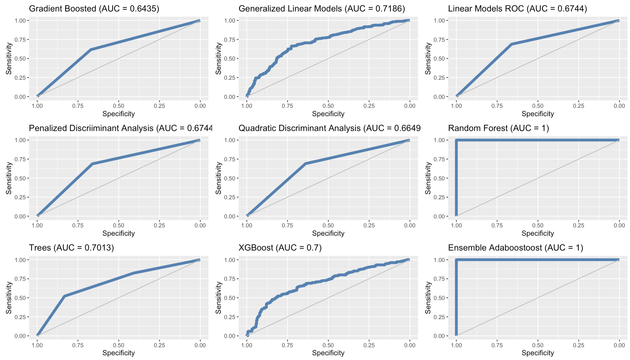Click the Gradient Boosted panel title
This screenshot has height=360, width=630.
click(x=94, y=9)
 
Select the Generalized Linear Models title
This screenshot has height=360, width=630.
click(x=321, y=9)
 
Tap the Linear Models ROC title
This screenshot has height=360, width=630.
click(x=517, y=9)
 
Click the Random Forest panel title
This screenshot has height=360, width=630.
click(x=498, y=128)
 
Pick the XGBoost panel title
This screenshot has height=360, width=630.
click(x=280, y=248)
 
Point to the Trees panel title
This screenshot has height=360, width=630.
click(x=71, y=248)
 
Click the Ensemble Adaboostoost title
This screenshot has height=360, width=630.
click(x=515, y=248)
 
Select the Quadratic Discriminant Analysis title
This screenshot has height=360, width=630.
click(x=330, y=128)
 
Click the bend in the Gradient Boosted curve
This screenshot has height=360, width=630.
click(x=91, y=49)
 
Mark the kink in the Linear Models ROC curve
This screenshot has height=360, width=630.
click(x=511, y=44)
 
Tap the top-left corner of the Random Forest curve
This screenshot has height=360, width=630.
click(x=456, y=140)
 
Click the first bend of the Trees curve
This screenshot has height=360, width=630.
click(x=64, y=296)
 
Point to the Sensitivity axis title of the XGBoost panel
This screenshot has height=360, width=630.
click(x=218, y=298)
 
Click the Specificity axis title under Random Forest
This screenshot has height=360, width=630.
click(x=538, y=233)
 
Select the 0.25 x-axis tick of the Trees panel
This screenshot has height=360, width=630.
click(x=159, y=345)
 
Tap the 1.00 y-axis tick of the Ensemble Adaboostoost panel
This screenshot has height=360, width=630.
click(x=439, y=260)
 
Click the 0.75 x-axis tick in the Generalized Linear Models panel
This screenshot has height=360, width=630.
click(x=287, y=106)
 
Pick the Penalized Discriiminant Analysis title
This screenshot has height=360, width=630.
click(x=120, y=128)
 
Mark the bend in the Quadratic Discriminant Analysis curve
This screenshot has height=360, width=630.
click(x=305, y=163)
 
